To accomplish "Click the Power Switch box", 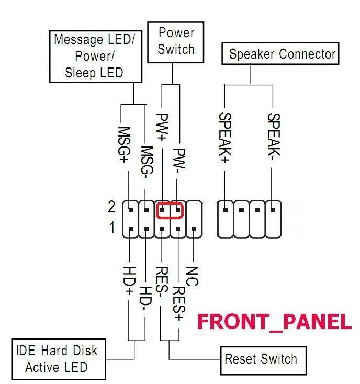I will (x=176, y=41).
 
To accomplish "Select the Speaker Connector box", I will (x=282, y=54).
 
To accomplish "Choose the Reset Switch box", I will (x=261, y=359).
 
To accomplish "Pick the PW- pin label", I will (x=179, y=160).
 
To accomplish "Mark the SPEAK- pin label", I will (x=273, y=134).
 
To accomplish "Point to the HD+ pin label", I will (x=129, y=283).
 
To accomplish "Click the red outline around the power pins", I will (x=171, y=210).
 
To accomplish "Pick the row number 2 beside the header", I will (x=111, y=208).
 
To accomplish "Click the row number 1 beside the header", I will (x=111, y=229).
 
